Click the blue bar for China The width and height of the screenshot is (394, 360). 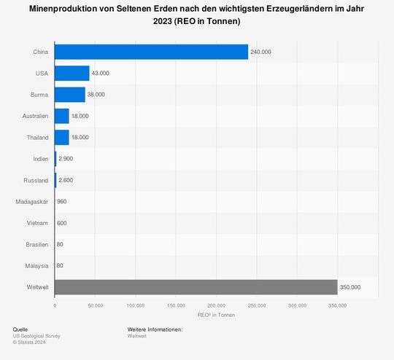(x=151, y=52)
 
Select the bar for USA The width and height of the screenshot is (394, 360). (x=72, y=73)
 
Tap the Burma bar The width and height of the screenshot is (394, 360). (x=70, y=95)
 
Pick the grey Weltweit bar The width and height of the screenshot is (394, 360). (x=196, y=287)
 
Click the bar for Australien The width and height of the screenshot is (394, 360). (x=62, y=116)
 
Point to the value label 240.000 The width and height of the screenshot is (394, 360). (x=261, y=52)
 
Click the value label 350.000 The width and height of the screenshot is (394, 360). (x=350, y=288)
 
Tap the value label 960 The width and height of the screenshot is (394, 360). (x=62, y=202)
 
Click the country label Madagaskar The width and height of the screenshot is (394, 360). (x=31, y=202)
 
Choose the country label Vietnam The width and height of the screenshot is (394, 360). (x=37, y=223)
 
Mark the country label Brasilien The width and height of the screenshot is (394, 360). (x=36, y=244)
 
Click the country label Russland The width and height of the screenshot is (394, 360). (x=34, y=180)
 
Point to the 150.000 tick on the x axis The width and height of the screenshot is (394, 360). (x=176, y=305)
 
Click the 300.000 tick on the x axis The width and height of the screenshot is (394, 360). (x=297, y=305)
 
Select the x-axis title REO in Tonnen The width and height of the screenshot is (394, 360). (x=216, y=314)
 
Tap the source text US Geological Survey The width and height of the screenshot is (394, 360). (x=36, y=336)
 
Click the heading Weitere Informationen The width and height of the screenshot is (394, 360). (x=155, y=329)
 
